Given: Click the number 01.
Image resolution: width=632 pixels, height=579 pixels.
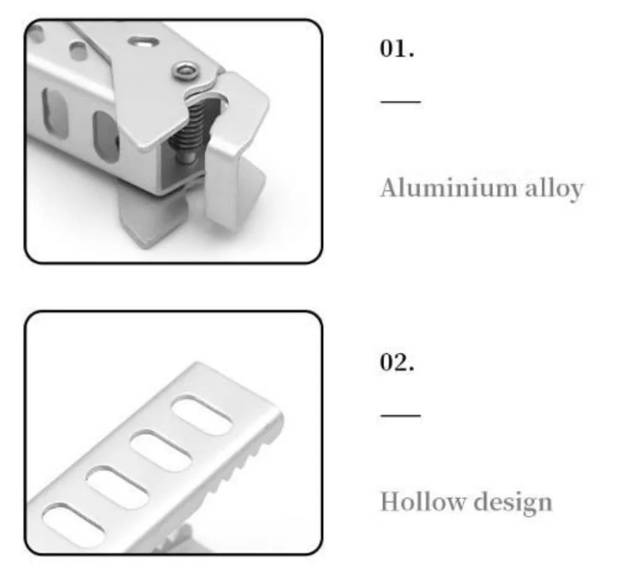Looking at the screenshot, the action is (x=397, y=49).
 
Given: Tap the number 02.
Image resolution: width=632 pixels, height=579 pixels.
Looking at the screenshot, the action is (x=397, y=362).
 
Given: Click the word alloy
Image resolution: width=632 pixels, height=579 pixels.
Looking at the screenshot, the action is (x=554, y=189).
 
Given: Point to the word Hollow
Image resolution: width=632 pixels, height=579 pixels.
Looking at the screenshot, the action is (x=423, y=502).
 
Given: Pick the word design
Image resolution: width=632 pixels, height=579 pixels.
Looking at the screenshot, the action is (x=513, y=503).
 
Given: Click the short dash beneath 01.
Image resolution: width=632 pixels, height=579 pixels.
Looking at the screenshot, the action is (x=401, y=102).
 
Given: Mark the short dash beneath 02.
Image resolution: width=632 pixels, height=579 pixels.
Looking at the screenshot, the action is (x=401, y=415).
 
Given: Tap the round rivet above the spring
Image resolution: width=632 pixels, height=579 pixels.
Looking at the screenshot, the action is (x=185, y=71).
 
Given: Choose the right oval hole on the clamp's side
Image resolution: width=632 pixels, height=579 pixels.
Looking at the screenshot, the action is (x=106, y=137).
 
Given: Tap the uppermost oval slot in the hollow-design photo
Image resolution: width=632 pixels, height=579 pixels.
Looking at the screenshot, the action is (x=202, y=415).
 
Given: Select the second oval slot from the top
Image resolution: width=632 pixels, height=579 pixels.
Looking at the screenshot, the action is (x=161, y=451).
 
